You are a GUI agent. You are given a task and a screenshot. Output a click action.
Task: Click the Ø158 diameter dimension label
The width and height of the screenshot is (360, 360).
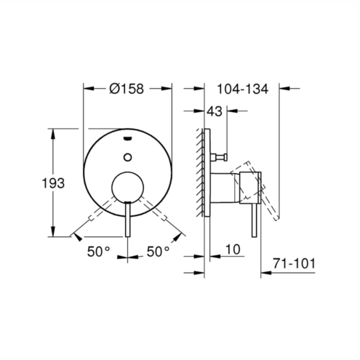[127, 89]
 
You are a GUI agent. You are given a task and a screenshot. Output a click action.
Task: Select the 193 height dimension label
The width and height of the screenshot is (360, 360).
[53, 183]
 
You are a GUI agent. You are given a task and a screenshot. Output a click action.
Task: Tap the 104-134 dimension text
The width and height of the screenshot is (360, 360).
[243, 89]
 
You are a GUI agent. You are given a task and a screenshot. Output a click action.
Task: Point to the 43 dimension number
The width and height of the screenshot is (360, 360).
[215, 111]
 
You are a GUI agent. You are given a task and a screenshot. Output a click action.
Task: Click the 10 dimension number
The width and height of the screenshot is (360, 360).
[233, 249]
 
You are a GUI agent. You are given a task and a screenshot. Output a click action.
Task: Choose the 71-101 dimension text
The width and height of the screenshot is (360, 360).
[294, 263]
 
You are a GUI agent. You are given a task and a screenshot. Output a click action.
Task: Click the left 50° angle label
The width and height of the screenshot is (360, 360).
[99, 252]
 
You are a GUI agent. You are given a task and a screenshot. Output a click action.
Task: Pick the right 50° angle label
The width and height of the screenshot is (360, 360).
[158, 252]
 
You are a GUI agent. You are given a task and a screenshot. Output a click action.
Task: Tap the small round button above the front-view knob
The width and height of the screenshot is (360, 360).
[127, 157]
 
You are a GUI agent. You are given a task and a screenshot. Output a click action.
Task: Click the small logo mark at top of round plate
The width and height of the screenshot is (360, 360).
[127, 138]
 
